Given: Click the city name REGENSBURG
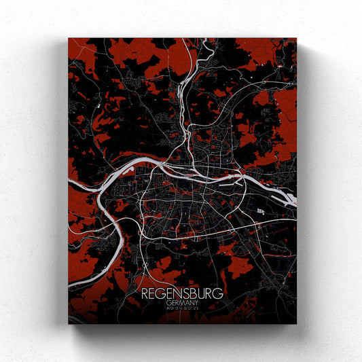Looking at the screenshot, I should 183,294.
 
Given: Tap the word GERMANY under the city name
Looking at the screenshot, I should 183,304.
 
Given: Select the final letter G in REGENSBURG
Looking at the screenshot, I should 219,294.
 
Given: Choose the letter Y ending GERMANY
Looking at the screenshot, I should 200,304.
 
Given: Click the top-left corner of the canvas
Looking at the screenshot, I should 69,39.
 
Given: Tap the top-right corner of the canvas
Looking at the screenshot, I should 296,39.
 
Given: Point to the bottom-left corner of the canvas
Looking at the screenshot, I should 69,323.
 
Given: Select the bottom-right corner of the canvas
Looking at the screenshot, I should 296,323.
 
